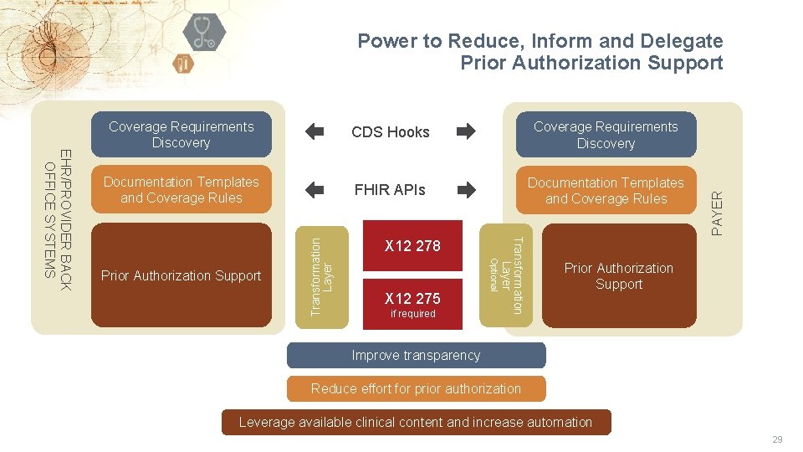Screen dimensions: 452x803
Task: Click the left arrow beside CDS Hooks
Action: click(314, 131)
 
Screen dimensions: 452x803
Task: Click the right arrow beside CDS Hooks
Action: click(466, 131)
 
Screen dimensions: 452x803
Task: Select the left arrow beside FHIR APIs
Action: click(314, 190)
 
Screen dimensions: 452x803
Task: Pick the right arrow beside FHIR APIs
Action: click(466, 190)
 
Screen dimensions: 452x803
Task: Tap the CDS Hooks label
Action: click(390, 132)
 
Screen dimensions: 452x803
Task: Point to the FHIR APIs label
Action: click(390, 190)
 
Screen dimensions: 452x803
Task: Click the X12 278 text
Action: click(412, 246)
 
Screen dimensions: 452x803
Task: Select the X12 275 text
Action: click(412, 299)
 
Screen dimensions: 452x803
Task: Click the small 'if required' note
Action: click(413, 314)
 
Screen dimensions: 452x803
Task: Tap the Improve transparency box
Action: click(416, 356)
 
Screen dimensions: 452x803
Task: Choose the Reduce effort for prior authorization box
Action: click(416, 388)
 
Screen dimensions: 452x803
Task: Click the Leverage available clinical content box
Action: click(416, 422)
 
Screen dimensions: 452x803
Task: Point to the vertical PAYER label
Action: click(717, 213)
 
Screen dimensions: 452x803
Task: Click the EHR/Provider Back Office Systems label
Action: click(58, 218)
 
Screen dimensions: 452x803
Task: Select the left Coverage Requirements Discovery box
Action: click(181, 135)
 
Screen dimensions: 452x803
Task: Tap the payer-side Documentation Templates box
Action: click(606, 191)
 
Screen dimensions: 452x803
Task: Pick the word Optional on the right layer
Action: click(494, 275)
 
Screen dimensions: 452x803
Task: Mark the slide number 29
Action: click(777, 439)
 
